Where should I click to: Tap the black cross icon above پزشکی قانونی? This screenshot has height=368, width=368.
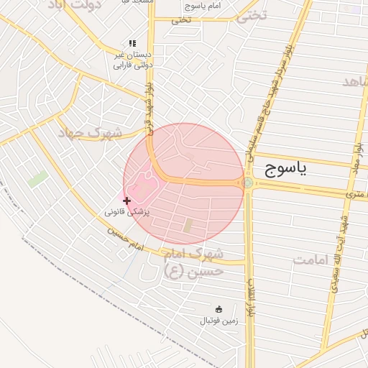[x=127, y=201]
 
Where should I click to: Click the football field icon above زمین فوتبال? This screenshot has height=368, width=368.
[x=219, y=309]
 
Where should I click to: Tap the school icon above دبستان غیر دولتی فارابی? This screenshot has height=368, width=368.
[x=132, y=44]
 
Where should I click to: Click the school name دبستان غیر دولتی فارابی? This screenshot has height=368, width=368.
[x=133, y=60]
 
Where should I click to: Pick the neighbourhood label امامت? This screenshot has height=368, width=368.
[x=310, y=259]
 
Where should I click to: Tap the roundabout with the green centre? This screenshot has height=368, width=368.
[x=248, y=183]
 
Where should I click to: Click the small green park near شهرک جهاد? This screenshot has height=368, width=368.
[x=38, y=179]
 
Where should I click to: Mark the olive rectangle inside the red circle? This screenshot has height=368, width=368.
[x=188, y=225]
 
